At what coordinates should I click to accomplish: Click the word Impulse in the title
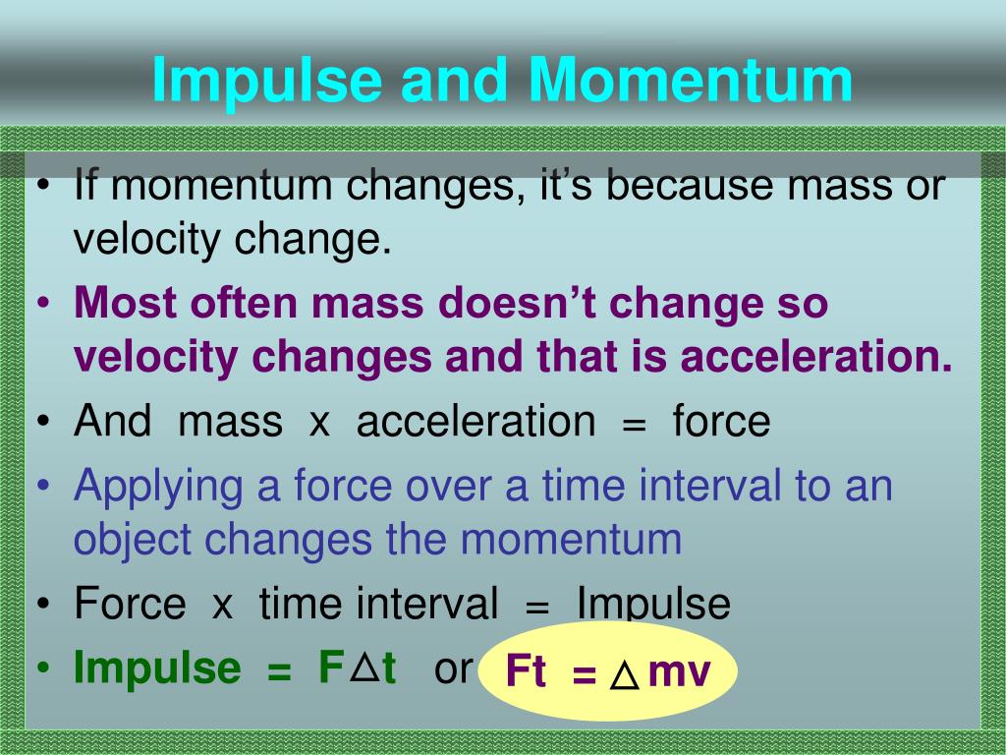tap(267, 82)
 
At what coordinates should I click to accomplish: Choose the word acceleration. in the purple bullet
tap(816, 356)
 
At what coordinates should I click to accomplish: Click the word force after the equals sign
tap(721, 421)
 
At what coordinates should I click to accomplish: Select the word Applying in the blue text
tap(158, 488)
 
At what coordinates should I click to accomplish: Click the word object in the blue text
tap(132, 541)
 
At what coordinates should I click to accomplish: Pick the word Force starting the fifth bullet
tap(130, 604)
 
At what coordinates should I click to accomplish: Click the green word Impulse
tap(158, 668)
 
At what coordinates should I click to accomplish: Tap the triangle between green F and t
tap(365, 668)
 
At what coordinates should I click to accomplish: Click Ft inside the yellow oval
tap(526, 671)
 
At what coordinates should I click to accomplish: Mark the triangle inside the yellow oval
tap(624, 674)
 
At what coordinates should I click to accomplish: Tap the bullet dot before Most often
tap(43, 303)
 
